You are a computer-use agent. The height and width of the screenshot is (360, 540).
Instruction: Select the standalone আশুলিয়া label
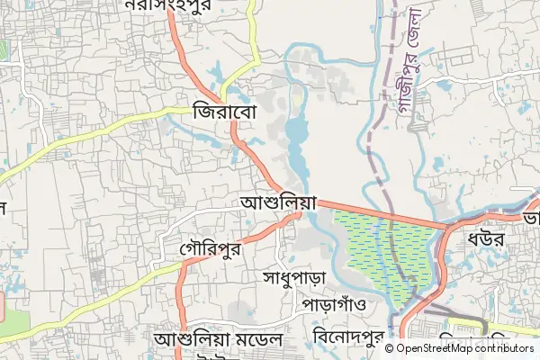click(280, 203)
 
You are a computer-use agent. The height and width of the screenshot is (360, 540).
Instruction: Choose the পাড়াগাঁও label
click(334, 303)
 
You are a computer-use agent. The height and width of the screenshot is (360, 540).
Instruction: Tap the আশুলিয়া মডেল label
click(219, 341)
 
